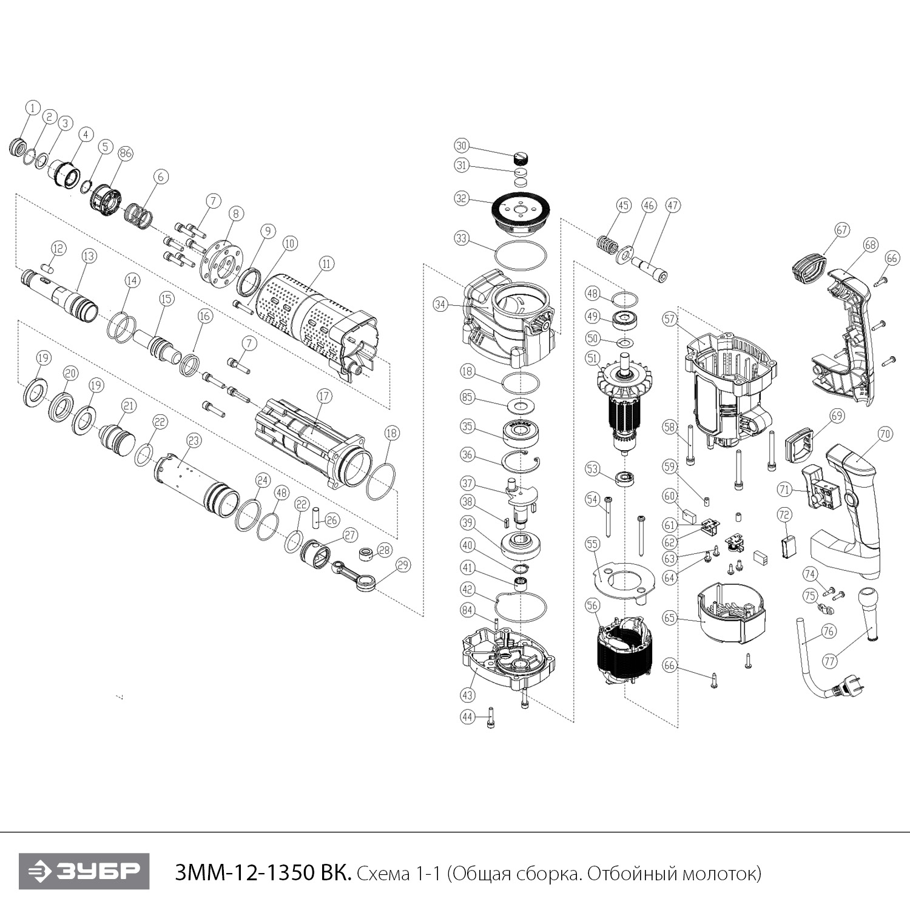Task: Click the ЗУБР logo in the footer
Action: click(x=84, y=871)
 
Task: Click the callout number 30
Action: click(x=462, y=146)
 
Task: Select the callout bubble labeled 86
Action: click(x=125, y=153)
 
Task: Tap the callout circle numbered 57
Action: click(x=670, y=319)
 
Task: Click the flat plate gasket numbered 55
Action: click(x=622, y=579)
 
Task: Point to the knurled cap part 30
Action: click(x=521, y=158)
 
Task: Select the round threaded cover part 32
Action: click(x=520, y=212)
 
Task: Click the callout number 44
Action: click(x=467, y=717)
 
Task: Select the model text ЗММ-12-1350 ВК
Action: click(x=262, y=874)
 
